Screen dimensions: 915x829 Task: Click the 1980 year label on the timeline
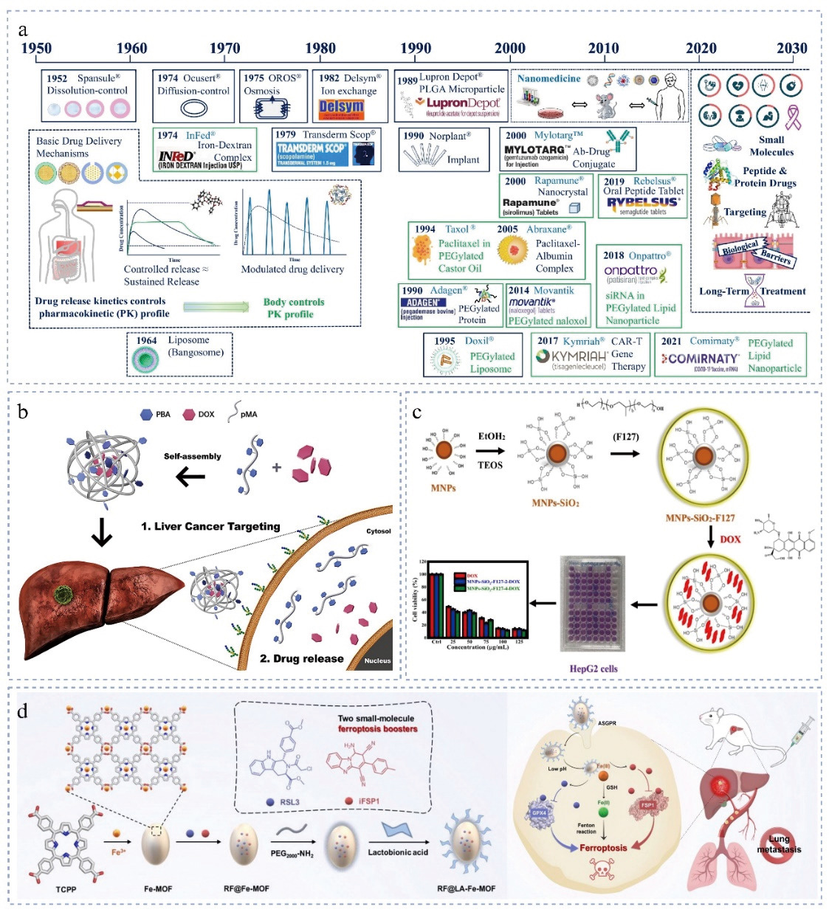[x=320, y=49]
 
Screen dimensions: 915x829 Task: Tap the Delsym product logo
[x=341, y=108]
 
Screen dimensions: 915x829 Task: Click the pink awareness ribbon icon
[x=793, y=117]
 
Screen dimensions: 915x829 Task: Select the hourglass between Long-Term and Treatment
[x=753, y=291]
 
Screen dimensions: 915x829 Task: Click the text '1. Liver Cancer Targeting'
[x=210, y=526]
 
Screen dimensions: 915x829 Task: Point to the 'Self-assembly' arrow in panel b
[x=191, y=477]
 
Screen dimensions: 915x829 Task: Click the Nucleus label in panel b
[x=377, y=660]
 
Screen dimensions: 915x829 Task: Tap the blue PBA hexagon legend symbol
[x=146, y=415]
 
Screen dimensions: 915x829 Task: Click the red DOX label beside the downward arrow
[x=730, y=539]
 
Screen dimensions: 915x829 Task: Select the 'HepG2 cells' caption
[x=594, y=669]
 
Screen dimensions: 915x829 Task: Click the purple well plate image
[x=593, y=604]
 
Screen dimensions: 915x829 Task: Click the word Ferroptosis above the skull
[x=602, y=847]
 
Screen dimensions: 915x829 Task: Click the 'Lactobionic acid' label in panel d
[x=398, y=852]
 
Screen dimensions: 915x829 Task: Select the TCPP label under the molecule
[x=66, y=888]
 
